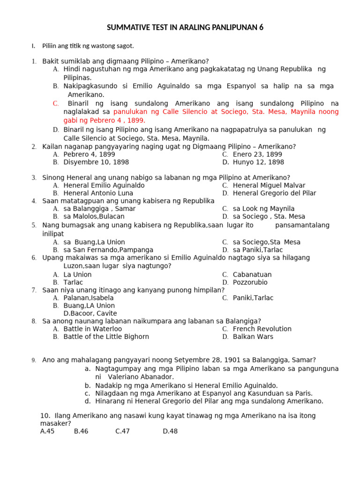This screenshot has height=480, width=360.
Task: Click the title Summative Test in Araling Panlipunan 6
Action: pos(185,28)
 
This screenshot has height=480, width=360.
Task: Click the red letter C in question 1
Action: pos(56,103)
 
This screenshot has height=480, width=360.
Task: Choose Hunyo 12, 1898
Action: pos(258,162)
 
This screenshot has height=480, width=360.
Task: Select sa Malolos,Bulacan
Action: pos(94,217)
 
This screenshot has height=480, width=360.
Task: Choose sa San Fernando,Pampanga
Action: pos(108,250)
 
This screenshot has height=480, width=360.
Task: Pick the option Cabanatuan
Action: pos(252,275)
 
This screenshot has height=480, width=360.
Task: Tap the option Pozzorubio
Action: pos(251,283)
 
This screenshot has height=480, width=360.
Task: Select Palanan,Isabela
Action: pos(89,298)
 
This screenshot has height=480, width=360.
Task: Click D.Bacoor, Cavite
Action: pos(90,313)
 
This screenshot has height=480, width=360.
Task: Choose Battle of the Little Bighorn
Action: pos(106,337)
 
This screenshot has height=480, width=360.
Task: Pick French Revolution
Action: pos(262,329)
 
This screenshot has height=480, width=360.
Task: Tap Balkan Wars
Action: pos(253,337)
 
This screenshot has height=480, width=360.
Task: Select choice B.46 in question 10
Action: pos(81,431)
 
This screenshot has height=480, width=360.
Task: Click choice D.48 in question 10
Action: pos(170,431)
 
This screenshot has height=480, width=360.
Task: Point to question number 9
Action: pos(34,360)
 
